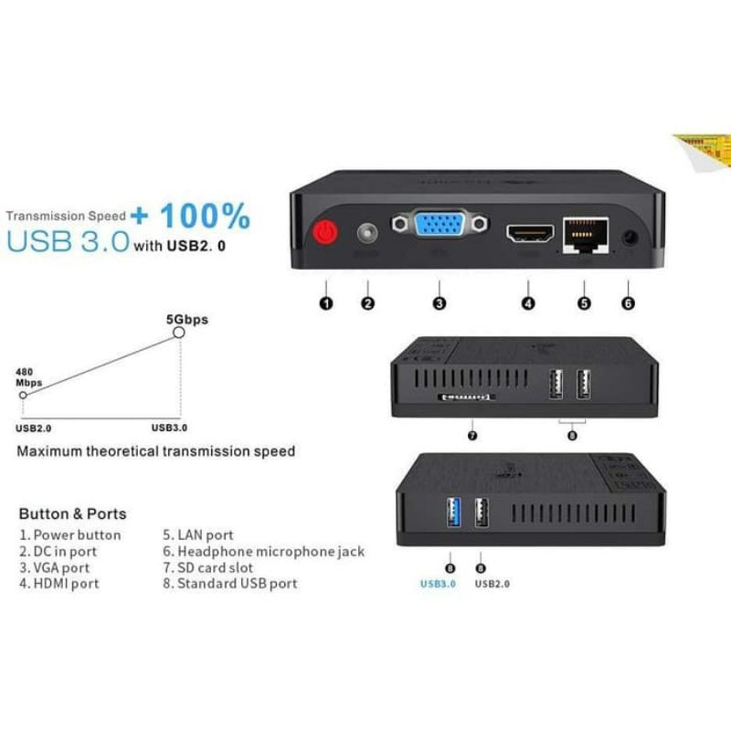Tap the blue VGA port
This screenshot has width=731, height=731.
[440, 228]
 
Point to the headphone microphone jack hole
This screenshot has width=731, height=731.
[629, 238]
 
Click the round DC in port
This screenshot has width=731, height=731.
[368, 234]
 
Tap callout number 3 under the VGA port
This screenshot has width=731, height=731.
[440, 303]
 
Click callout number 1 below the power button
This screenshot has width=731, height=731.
[326, 303]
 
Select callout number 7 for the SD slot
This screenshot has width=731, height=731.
[472, 435]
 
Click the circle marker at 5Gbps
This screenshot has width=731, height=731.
[179, 334]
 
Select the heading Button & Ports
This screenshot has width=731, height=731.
[72, 514]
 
